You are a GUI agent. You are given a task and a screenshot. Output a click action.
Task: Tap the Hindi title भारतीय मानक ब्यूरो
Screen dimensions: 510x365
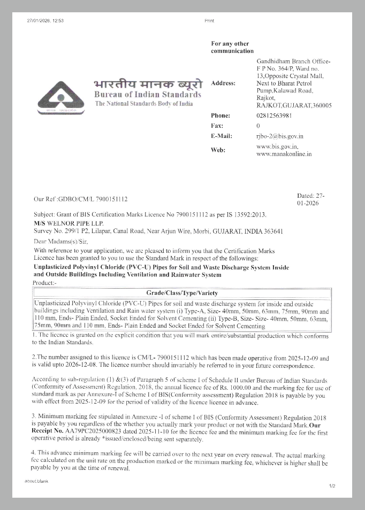[148, 84]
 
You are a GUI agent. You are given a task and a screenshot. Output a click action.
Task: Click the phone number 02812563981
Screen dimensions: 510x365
[274, 115]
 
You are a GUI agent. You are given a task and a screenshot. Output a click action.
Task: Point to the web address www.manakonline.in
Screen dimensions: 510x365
[284, 154]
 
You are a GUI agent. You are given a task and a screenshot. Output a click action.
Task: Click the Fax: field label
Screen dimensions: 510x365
[217, 126]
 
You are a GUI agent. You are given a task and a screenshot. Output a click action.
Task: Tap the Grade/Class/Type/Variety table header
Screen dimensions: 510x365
[182, 293]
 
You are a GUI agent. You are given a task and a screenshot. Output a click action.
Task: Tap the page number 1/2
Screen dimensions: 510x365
[332, 486]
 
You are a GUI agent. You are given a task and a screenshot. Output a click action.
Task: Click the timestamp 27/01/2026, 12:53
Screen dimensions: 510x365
[45, 20]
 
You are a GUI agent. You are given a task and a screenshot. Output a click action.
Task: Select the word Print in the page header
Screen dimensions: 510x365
[209, 20]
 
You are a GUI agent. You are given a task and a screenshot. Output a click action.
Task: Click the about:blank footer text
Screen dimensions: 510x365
[36, 481]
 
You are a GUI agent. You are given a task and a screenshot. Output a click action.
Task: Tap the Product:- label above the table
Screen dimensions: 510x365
[44, 282]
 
